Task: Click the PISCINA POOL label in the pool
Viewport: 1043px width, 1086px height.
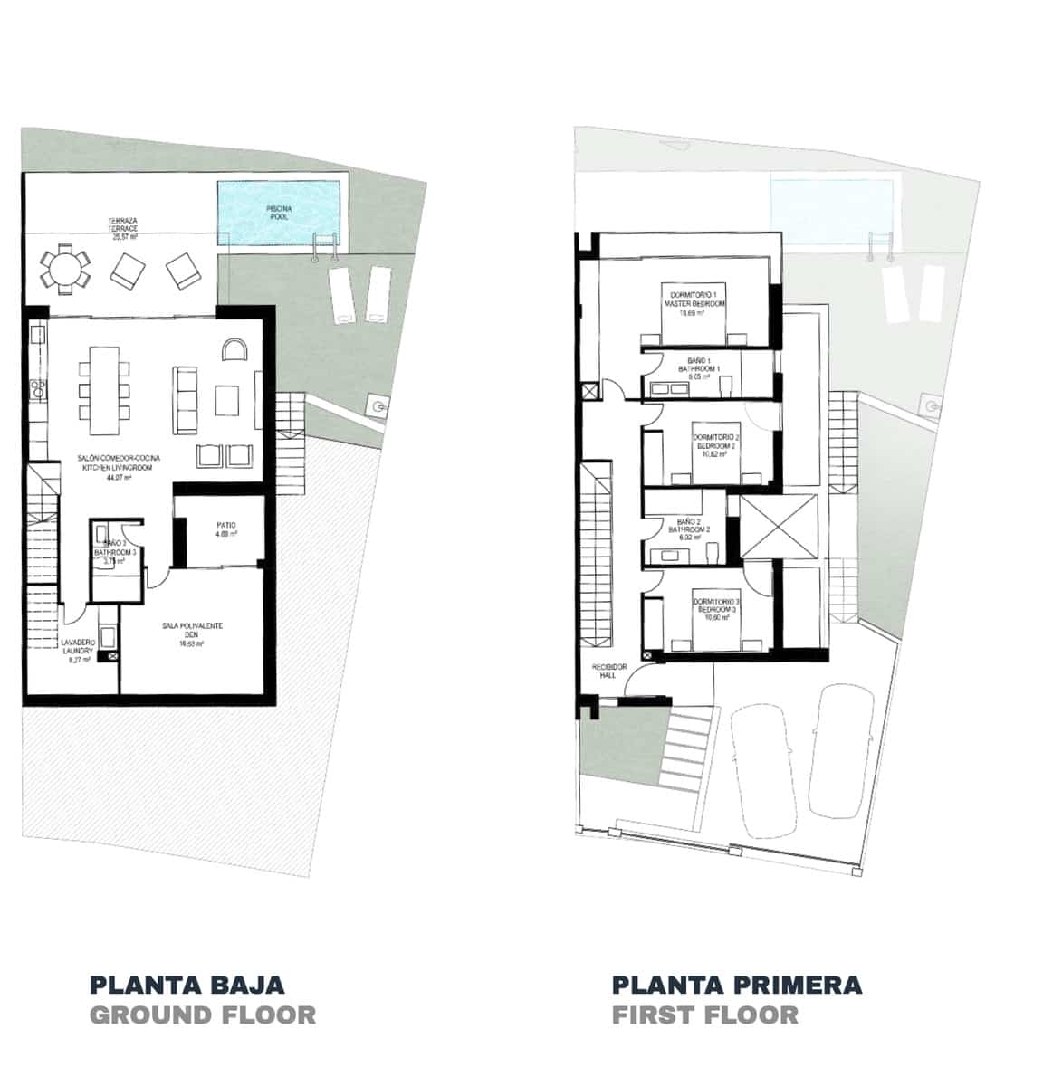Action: [x=278, y=213]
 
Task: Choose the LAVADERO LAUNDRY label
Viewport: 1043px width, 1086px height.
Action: [x=77, y=651]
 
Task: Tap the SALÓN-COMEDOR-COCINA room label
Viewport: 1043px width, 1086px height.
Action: [x=120, y=468]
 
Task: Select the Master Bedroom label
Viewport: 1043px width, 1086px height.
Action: [x=695, y=304]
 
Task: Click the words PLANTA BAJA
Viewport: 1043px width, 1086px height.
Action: [x=187, y=985]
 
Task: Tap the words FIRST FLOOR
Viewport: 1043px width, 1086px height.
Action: [x=705, y=1015]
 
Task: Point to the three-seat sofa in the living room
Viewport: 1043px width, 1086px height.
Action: [x=187, y=398]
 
